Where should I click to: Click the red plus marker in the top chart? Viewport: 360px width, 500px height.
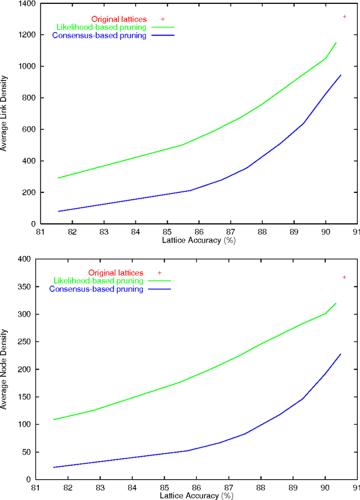344,16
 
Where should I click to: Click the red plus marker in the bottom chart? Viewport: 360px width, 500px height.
344,277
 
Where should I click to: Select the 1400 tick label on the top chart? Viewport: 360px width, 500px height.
24,3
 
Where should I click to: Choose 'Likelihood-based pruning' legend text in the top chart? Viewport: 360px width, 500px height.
98,26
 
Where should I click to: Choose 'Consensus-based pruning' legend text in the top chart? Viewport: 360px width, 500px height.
99,35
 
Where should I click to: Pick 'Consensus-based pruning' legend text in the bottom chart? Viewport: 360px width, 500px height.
96,289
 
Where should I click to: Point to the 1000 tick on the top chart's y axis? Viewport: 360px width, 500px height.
24,66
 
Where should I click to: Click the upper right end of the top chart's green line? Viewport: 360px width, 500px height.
336,42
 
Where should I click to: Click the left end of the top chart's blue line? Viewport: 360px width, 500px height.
57,211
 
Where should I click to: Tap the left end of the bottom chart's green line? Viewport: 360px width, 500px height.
53,420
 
